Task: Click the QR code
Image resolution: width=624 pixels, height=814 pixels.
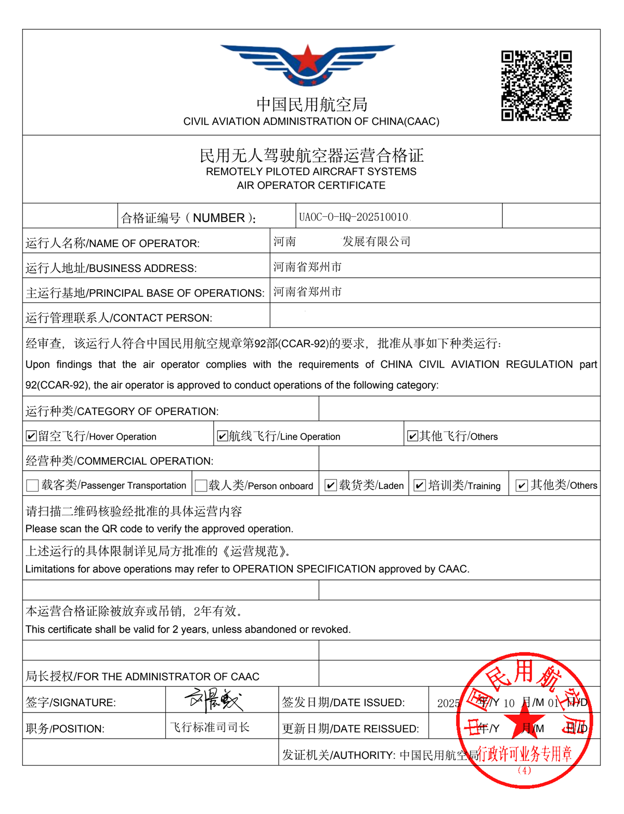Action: [536, 86]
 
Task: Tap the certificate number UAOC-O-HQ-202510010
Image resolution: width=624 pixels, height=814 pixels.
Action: [354, 217]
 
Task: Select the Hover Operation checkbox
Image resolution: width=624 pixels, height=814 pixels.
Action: [31, 436]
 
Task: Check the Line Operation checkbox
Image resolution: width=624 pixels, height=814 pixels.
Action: [222, 436]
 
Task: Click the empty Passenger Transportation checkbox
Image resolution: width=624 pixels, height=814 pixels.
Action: [32, 485]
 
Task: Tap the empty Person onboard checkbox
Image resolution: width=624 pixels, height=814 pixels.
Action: [201, 485]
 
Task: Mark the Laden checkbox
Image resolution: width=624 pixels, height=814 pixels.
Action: [330, 485]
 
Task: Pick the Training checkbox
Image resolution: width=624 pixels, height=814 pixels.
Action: [419, 485]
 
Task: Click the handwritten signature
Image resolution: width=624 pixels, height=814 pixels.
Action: [214, 700]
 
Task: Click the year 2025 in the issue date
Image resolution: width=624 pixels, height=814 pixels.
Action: [448, 703]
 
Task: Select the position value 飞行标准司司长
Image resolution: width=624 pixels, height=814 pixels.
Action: [210, 727]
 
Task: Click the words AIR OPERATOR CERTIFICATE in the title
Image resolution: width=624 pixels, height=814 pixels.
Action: [311, 186]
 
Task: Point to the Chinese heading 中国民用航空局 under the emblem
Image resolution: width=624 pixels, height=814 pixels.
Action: [311, 105]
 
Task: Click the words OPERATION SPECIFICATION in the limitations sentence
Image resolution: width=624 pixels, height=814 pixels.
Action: [304, 569]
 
